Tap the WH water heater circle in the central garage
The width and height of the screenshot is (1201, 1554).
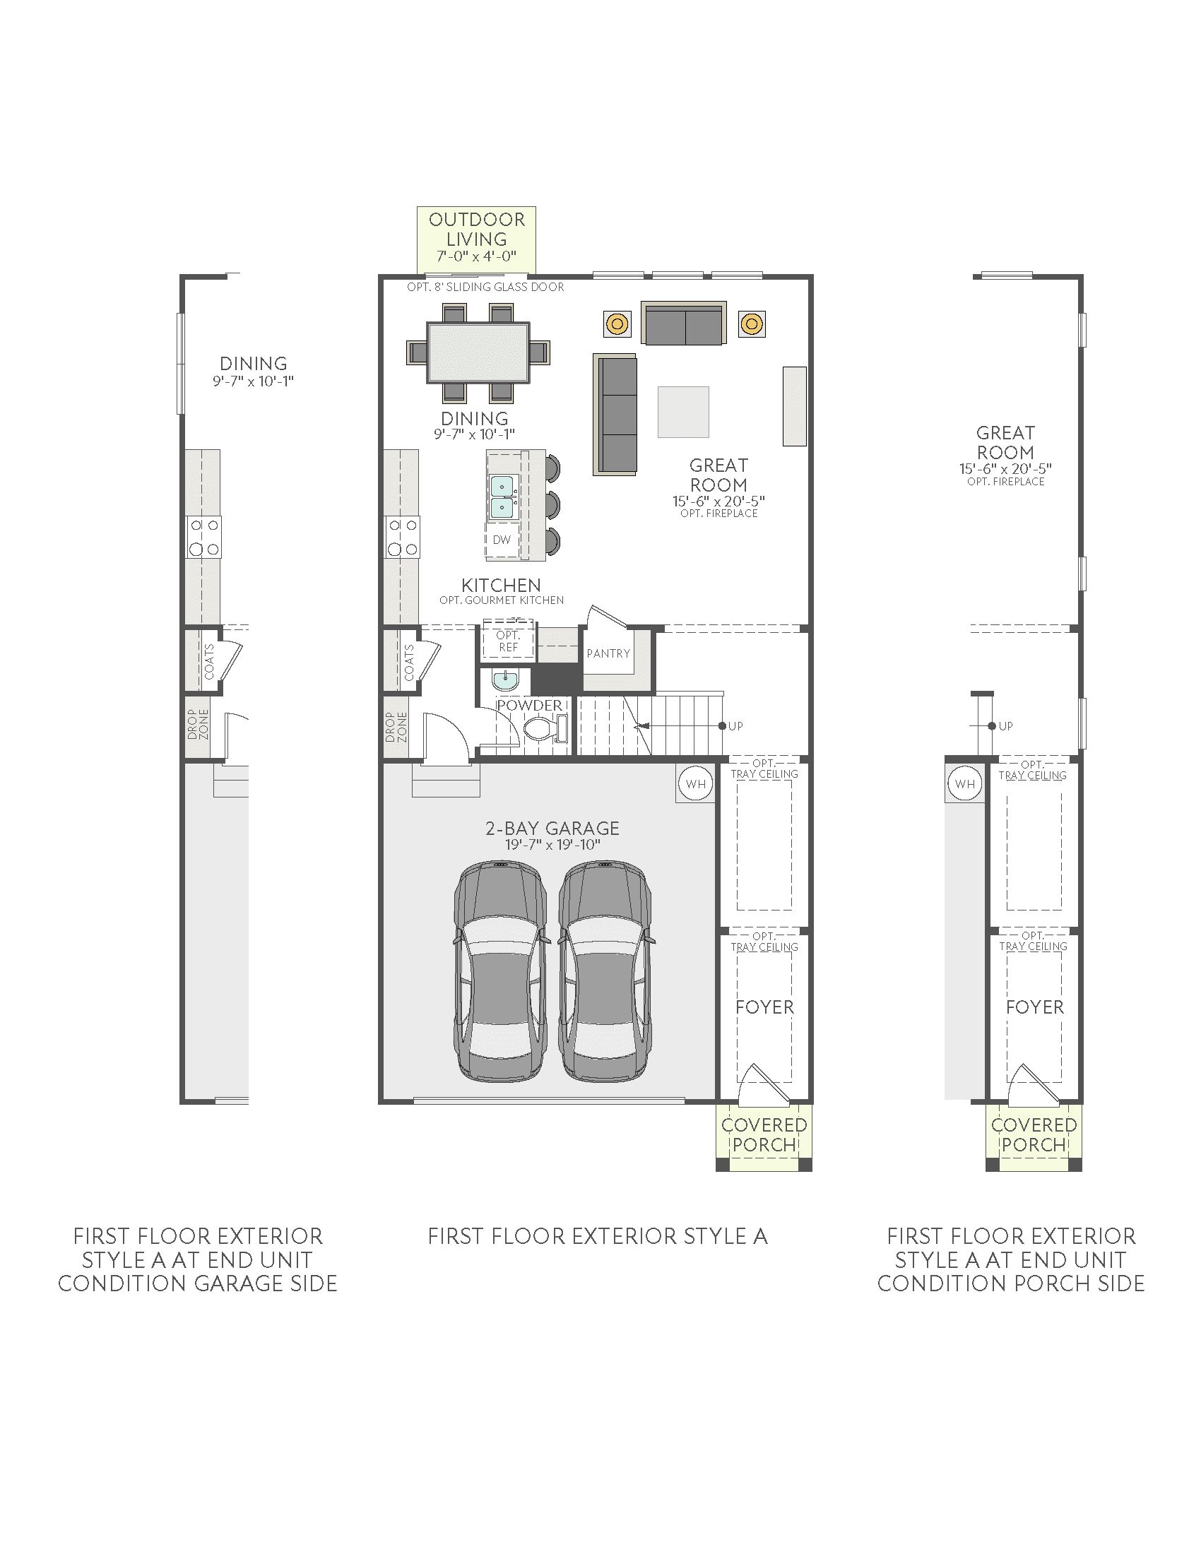tap(695, 784)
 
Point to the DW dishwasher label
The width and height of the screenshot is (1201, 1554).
tap(502, 540)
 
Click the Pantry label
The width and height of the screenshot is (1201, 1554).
tap(608, 653)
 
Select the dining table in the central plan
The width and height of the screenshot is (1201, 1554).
tap(478, 353)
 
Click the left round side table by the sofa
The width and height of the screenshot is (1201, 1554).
tap(617, 324)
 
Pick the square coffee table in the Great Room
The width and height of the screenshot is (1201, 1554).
tap(683, 412)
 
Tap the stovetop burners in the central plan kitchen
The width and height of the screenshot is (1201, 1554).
tap(403, 538)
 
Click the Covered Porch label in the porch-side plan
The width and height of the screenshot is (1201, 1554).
tap(1034, 1135)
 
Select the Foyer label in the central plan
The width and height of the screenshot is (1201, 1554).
tap(765, 1007)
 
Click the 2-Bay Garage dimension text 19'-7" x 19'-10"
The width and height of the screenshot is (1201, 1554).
tap(553, 845)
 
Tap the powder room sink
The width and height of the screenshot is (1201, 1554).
tap(505, 680)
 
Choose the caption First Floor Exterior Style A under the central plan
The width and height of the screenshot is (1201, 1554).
tap(598, 1236)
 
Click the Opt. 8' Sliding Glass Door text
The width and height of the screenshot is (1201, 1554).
tap(485, 287)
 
